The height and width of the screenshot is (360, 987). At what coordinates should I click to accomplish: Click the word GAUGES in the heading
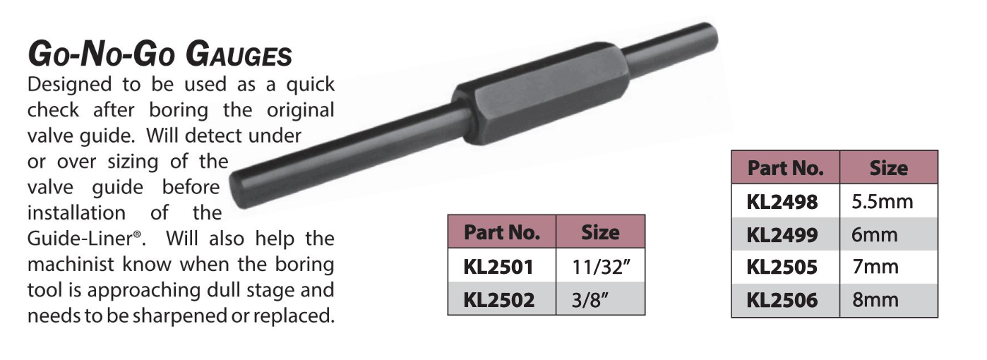click(x=239, y=54)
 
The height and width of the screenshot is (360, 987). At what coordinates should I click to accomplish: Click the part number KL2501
click(x=498, y=267)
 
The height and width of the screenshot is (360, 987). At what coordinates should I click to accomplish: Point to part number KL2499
click(x=782, y=235)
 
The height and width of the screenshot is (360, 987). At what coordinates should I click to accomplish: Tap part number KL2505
click(x=782, y=267)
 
